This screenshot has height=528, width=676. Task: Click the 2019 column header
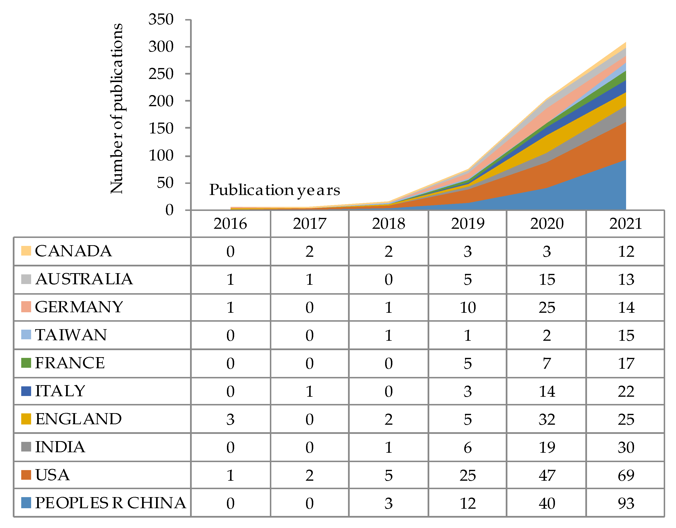[467, 224]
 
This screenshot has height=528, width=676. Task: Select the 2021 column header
[626, 224]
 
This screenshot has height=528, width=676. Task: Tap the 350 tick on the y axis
[161, 20]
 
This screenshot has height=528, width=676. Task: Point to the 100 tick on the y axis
[161, 155]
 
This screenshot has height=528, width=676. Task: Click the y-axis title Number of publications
[117, 108]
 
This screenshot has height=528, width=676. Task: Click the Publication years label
[274, 190]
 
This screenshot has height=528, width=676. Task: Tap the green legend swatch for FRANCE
[26, 363]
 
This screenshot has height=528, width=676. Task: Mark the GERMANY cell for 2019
[467, 307]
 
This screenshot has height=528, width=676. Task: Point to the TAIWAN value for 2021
[626, 335]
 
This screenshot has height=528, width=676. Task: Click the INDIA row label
[60, 447]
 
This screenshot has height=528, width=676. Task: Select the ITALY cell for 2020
[547, 391]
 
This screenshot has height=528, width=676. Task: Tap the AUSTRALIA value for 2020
[547, 279]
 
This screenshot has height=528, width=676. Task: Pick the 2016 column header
[230, 224]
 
